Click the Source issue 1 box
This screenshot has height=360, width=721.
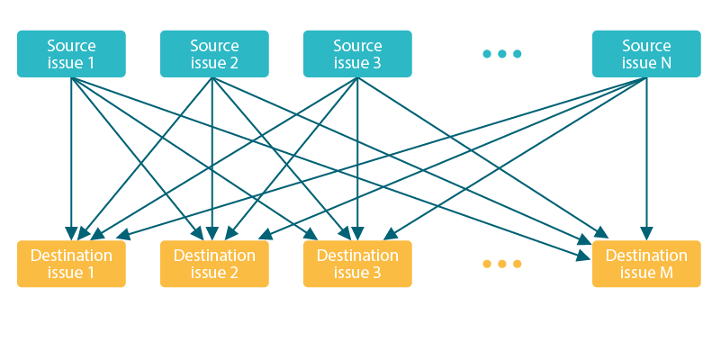(71, 54)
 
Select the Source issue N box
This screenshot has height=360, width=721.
(646, 54)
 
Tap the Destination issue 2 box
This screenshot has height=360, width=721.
(214, 264)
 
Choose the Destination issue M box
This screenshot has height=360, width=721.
(646, 264)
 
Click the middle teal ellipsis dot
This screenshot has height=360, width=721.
(502, 54)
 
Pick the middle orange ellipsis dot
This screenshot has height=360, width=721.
(502, 264)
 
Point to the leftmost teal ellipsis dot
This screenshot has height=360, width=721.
(487, 54)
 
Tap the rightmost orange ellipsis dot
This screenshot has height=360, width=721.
(518, 264)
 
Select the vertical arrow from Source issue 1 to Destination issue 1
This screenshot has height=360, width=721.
(71, 158)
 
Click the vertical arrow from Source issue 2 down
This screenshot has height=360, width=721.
(212, 158)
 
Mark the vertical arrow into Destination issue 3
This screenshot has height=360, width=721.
(357, 158)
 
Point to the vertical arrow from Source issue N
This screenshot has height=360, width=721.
(646, 158)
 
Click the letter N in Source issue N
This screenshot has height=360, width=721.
(666, 63)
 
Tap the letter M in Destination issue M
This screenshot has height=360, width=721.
(666, 273)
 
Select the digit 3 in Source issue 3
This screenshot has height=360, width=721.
(376, 63)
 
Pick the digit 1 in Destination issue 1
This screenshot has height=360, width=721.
(90, 273)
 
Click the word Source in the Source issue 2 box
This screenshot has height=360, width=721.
(214, 46)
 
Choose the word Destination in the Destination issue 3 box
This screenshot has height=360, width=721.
(357, 256)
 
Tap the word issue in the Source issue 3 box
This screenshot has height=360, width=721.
(351, 63)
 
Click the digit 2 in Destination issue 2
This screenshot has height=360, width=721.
(233, 273)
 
